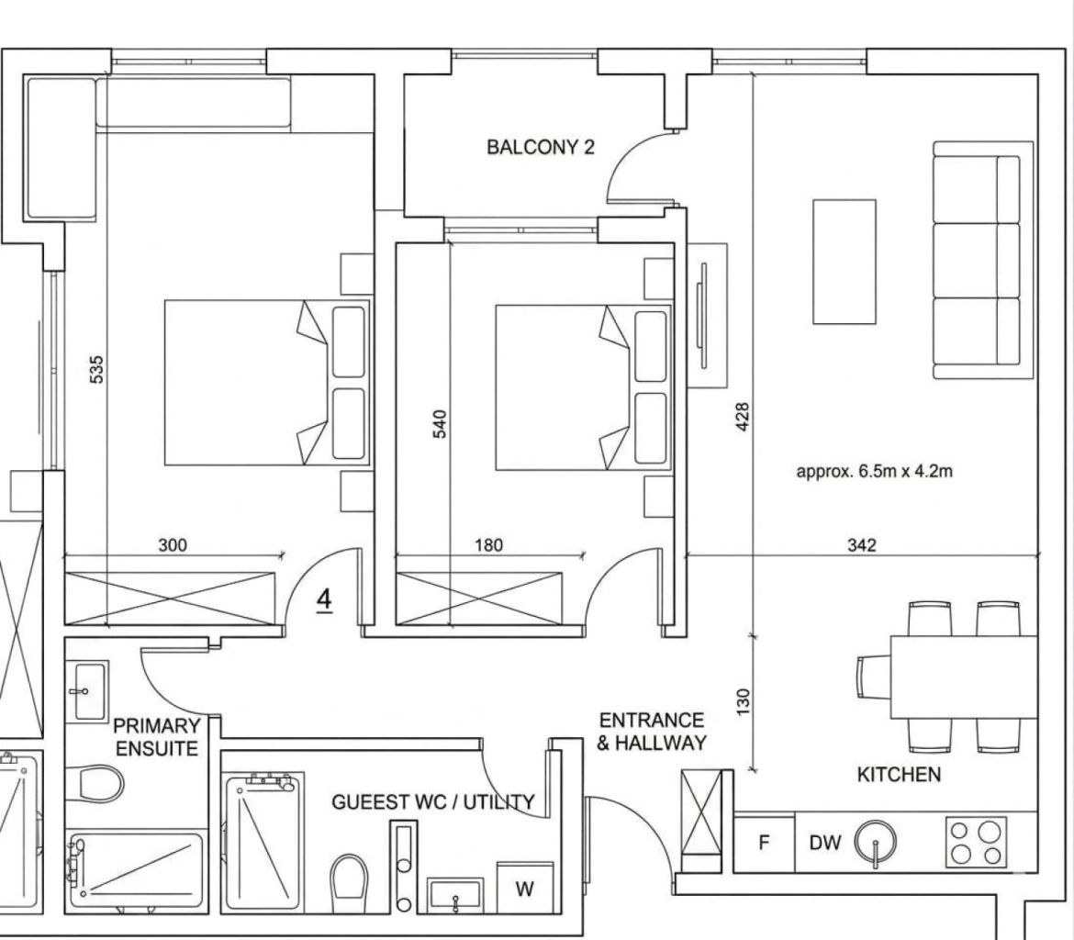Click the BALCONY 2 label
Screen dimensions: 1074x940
541,147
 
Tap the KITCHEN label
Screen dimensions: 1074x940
899,774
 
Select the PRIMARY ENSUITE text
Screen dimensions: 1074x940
157,737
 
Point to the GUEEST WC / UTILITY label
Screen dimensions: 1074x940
433,801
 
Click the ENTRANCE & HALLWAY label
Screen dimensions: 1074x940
652,731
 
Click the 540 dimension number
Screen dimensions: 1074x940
440,423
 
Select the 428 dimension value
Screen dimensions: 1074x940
743,417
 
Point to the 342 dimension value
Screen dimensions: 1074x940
861,544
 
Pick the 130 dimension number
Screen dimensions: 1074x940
744,701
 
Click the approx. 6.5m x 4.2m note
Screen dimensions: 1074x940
874,471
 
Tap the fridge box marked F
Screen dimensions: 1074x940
765,842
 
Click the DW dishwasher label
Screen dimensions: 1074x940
824,843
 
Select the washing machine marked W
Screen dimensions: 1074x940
525,888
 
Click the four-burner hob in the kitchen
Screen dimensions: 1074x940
976,842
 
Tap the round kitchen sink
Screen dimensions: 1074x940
876,841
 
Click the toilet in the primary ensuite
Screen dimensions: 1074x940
95,782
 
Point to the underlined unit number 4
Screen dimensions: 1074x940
325,601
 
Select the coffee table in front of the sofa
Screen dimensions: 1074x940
844,261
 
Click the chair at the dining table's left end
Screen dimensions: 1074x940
874,677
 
